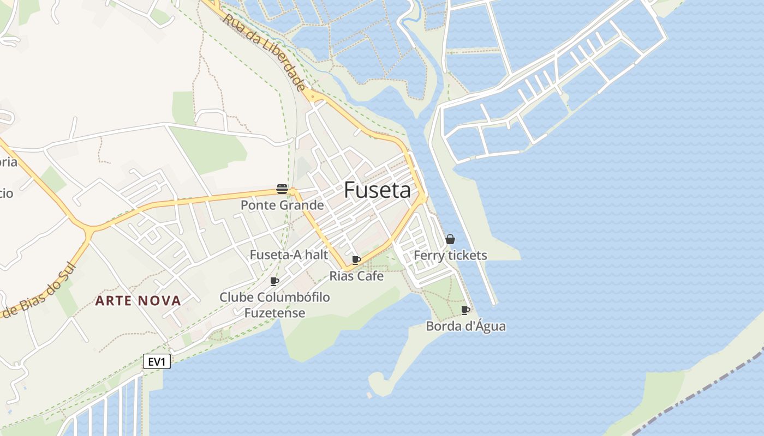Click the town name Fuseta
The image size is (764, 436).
tap(377, 190)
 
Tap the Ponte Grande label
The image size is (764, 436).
tap(282, 205)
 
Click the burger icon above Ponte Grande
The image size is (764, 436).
tap(282, 189)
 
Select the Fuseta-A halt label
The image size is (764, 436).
tap(289, 255)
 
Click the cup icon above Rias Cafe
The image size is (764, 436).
tap(356, 260)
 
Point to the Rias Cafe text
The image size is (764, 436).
tap(356, 276)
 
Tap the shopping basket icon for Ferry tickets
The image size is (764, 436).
tap(450, 239)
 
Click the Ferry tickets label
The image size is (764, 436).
tap(450, 255)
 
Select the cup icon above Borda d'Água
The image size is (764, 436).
tap(465, 310)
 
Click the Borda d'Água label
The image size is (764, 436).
tap(465, 326)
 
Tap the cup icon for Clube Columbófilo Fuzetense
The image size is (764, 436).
tap(274, 281)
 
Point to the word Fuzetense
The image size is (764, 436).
tap(274, 313)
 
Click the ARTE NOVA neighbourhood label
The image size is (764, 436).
tap(138, 301)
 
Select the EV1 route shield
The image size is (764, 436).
tap(157, 361)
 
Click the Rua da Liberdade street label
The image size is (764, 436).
tap(264, 52)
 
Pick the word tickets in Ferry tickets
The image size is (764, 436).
tap(467, 255)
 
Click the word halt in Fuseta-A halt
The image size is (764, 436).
tap(317, 255)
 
